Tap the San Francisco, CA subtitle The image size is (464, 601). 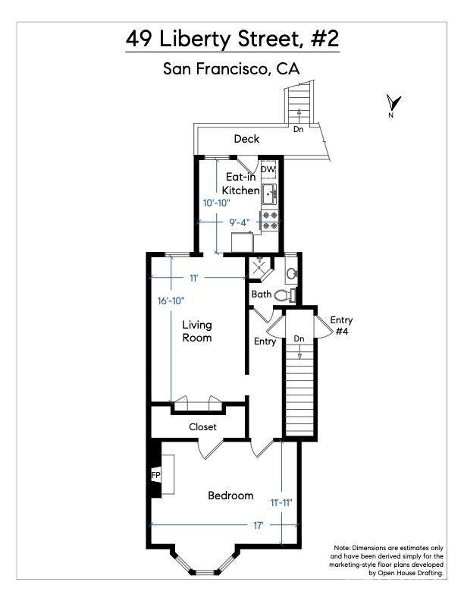point(232,69)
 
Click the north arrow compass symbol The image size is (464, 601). point(393,103)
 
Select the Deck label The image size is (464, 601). point(246,139)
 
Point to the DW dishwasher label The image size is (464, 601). point(268,169)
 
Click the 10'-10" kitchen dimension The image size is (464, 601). point(218,203)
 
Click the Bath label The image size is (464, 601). point(262,294)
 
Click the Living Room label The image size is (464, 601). point(197,331)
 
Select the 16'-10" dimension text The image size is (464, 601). point(172,300)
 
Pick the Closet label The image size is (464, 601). point(202,427)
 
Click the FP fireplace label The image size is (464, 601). point(156,475)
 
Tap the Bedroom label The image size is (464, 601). point(230,496)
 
